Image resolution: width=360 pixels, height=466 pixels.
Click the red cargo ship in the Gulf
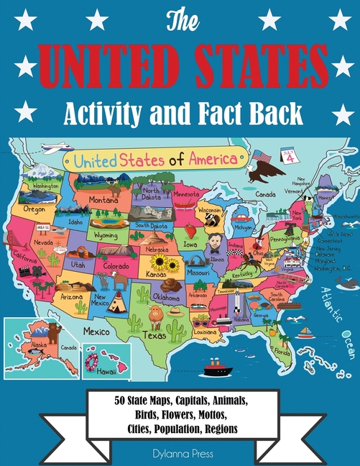(x=216, y=366)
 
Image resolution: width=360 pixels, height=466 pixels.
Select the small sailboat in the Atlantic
(x=305, y=333)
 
